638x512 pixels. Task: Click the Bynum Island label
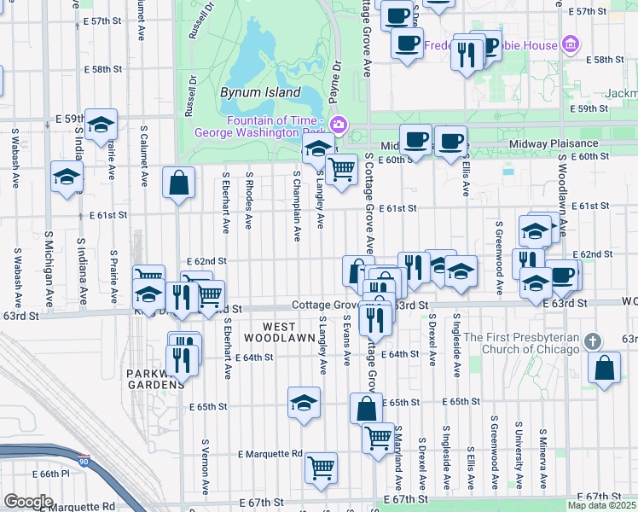click(260, 92)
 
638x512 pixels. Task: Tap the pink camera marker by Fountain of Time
click(339, 125)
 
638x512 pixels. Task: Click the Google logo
click(28, 502)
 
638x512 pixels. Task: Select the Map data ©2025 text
click(600, 505)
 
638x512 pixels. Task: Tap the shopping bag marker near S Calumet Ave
click(177, 183)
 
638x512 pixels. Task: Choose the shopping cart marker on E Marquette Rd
click(321, 466)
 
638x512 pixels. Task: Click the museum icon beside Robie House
click(571, 44)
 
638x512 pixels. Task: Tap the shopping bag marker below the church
click(604, 369)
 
